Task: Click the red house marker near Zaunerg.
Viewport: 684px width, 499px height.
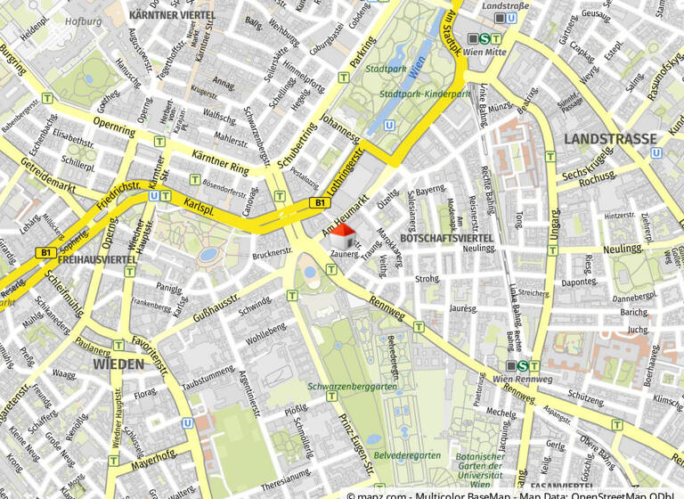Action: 342,235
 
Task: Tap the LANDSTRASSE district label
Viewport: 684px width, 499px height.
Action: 610,139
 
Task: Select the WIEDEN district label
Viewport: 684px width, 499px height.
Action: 118,364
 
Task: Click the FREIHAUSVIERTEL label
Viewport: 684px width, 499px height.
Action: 97,259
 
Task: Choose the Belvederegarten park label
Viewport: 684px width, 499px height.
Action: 407,454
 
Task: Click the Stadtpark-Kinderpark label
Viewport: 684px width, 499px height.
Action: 424,94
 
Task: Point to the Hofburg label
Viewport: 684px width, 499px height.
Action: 85,20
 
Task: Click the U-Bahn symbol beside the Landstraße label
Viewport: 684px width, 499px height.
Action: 501,18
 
